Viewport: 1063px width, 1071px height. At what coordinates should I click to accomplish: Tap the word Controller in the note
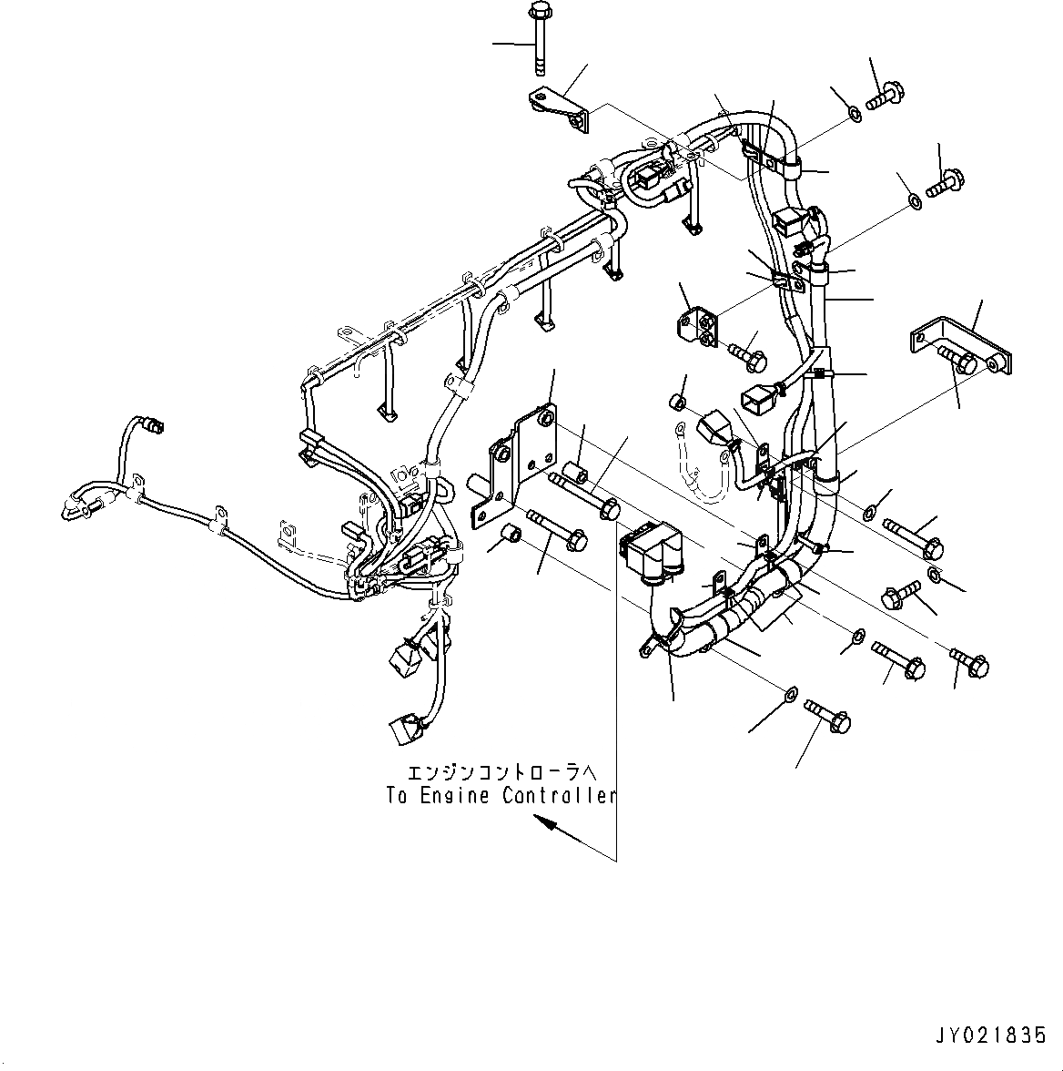[559, 796]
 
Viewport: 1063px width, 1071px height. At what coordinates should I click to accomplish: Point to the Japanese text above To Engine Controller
[501, 774]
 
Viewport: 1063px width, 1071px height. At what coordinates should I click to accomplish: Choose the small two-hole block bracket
[698, 327]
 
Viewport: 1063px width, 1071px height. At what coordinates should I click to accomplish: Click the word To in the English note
[396, 796]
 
